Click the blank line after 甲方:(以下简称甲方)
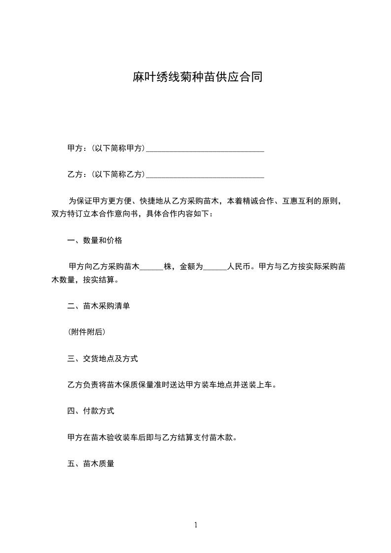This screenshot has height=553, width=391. click(x=205, y=148)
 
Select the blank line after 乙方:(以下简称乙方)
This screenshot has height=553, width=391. click(x=205, y=174)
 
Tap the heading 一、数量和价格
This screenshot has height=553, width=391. click(x=95, y=241)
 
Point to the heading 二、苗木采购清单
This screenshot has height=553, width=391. click(x=99, y=306)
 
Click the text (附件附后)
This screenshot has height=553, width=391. click(x=86, y=332)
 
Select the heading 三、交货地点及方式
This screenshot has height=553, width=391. click(x=103, y=358)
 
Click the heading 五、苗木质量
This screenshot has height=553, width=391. click(x=91, y=463)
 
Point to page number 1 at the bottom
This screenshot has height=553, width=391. click(x=196, y=525)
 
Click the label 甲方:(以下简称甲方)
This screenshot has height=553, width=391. click(x=106, y=148)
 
